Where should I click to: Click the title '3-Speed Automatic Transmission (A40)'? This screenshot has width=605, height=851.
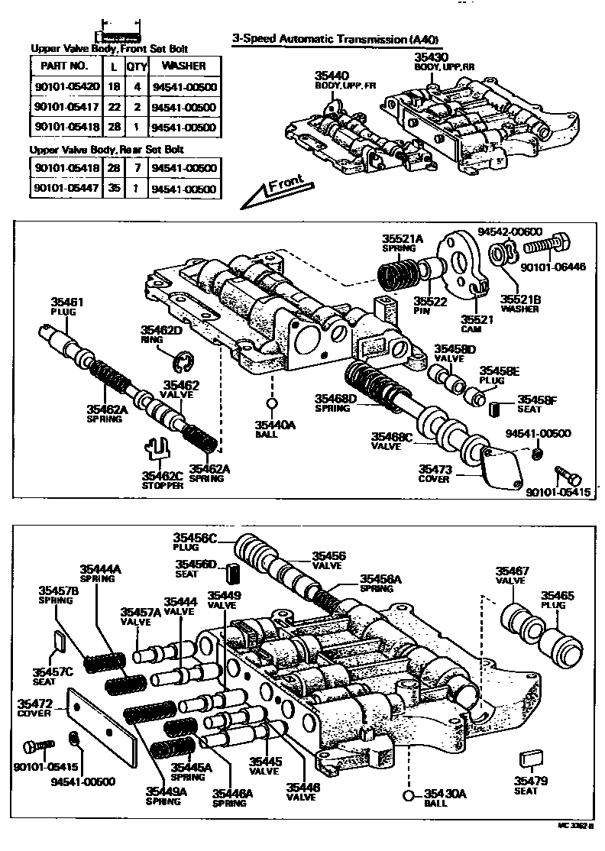coord(336,39)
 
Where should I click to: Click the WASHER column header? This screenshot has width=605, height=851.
coord(183,66)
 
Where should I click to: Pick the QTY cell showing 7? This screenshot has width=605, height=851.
coord(137,168)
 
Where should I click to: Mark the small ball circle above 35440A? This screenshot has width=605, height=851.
coord(270,404)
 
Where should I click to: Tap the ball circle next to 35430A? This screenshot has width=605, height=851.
coord(409,796)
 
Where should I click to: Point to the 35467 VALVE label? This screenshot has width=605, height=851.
coord(511,574)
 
